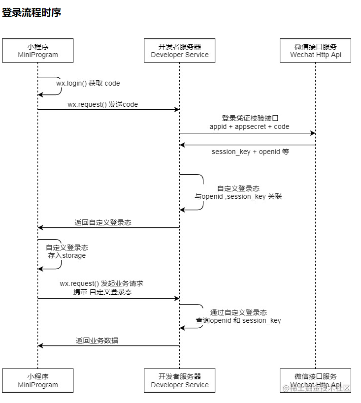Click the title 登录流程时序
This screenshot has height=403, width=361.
pyautogui.click(x=32, y=13)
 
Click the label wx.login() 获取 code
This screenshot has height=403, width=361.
pyautogui.click(x=88, y=83)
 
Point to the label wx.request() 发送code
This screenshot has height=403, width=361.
pyautogui.click(x=102, y=104)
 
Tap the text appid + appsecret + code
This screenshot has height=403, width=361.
pyautogui.click(x=249, y=126)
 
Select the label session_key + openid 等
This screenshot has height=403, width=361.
pyautogui.click(x=250, y=152)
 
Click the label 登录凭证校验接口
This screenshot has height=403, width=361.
pyautogui.click(x=250, y=118)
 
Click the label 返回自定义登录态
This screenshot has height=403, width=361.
pyautogui.click(x=102, y=222)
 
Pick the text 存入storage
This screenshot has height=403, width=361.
pyautogui.click(x=66, y=255)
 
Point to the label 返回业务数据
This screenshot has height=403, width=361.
pyautogui.click(x=97, y=341)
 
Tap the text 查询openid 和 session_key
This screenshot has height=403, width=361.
pyautogui.click(x=238, y=320)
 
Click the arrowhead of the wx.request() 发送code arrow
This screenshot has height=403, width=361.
pyautogui.click(x=177, y=110)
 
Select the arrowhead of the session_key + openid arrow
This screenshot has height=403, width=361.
pyautogui.click(x=182, y=145)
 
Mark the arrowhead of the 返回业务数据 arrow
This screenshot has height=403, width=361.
pyautogui.click(x=40, y=346)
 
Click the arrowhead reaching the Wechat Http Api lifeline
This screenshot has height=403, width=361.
pyautogui.click(x=313, y=133)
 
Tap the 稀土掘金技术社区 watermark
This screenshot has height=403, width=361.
pyautogui.click(x=316, y=388)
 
